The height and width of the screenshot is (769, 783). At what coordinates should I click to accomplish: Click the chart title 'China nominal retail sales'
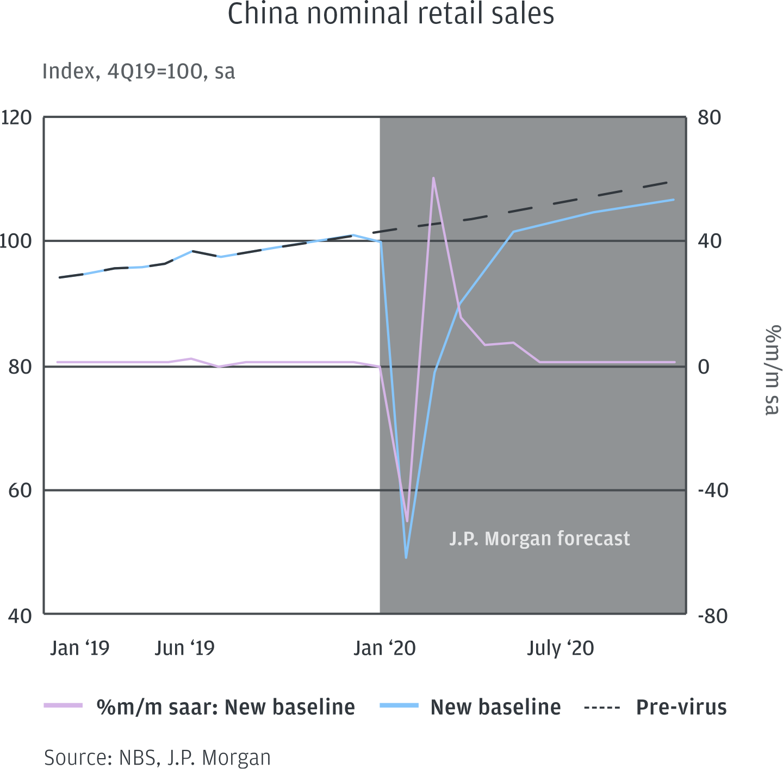pos(390,14)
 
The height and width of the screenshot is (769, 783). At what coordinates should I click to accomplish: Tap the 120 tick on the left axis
pos(16,117)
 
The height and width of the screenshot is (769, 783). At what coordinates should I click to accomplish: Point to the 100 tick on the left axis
pos(16,241)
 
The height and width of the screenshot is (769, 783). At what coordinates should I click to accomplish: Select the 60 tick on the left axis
pos(20,491)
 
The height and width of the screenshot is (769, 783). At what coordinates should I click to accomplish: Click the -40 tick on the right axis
pos(713,491)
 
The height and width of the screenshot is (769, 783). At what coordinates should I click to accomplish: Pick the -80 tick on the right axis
pos(713,616)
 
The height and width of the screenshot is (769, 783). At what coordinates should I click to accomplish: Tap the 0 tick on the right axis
pos(704,367)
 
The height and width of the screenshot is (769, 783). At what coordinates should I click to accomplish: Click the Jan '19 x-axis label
pos(79,648)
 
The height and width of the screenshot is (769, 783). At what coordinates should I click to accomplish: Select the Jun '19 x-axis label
pos(185,648)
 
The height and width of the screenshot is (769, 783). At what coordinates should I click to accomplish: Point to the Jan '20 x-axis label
pos(384,648)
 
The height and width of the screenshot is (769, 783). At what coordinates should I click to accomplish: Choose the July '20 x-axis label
pos(560,648)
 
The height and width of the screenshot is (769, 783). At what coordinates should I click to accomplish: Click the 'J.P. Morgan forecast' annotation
pos(539,538)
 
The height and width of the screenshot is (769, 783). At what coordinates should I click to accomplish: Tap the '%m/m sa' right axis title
pos(772,370)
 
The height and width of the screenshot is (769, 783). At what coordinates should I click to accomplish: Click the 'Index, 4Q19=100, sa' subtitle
pos(139,72)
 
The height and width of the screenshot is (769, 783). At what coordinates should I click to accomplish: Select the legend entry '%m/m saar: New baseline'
pos(225,707)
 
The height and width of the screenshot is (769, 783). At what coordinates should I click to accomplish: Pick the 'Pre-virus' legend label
pos(681,707)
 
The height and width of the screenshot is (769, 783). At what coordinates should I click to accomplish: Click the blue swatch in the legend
pos(399,706)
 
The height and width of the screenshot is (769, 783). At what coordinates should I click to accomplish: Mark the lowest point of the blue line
pos(406,557)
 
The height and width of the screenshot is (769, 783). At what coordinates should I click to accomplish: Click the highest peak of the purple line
pos(433,178)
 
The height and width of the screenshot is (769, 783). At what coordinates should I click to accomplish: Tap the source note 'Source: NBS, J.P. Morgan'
pos(157,758)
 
